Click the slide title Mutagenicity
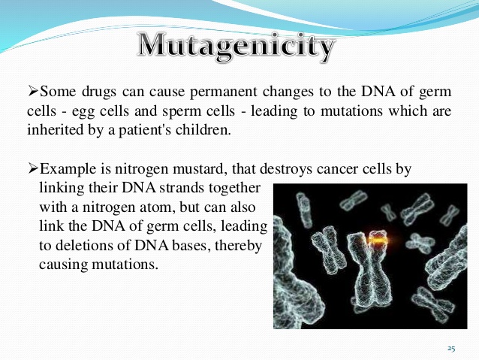(x=236, y=47)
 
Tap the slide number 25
(x=451, y=349)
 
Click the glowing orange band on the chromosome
(x=378, y=240)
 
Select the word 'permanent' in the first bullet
(x=223, y=92)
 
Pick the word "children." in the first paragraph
(x=203, y=130)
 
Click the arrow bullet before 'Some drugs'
(x=33, y=91)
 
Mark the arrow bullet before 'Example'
(x=33, y=168)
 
